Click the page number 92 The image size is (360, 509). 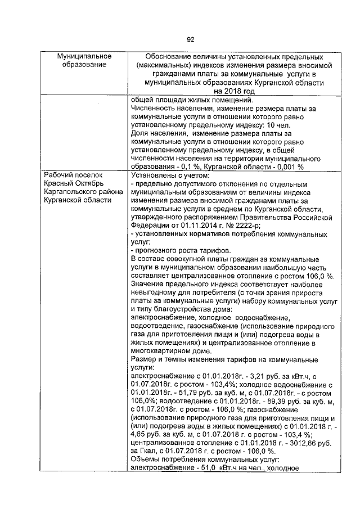(190, 39)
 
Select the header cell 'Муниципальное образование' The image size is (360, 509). (84, 61)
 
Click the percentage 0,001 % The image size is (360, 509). (287, 167)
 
